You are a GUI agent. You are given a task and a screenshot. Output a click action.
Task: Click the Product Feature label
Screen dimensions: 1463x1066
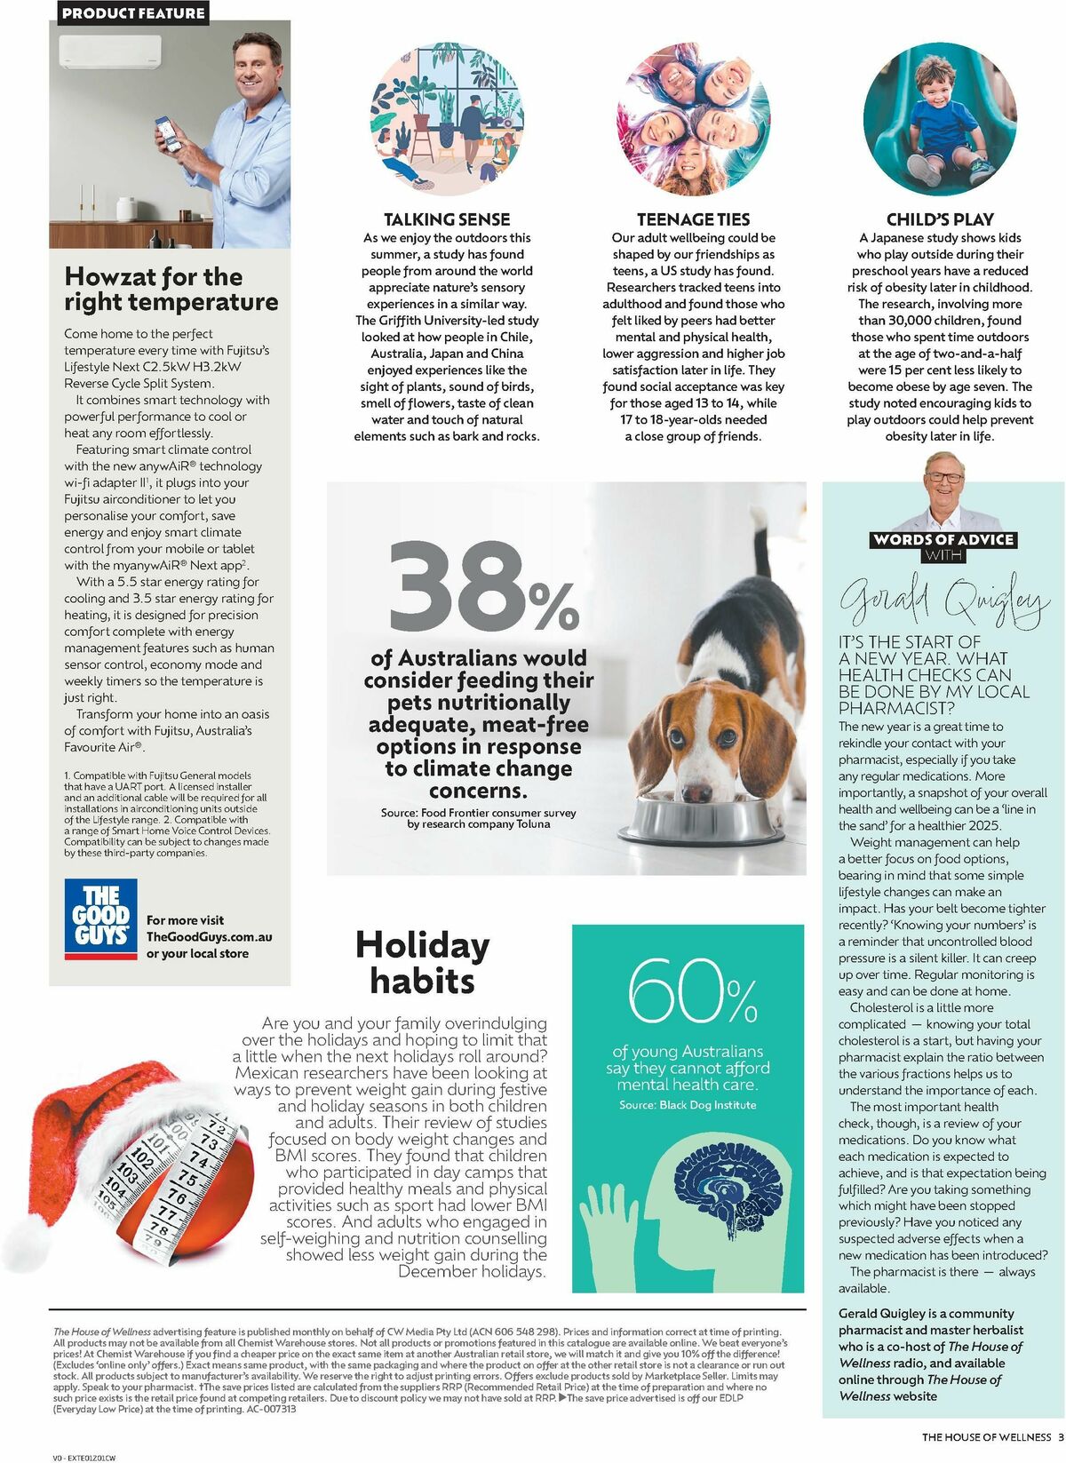[x=133, y=12]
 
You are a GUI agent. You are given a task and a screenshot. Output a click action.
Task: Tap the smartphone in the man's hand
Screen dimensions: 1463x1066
[x=167, y=133]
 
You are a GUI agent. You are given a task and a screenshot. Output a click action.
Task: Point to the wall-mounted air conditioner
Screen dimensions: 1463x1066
[x=109, y=52]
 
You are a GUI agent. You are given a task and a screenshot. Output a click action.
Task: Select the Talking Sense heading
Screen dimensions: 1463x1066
[x=447, y=219]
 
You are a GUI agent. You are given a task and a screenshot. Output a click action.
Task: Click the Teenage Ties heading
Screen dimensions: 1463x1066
[x=693, y=219]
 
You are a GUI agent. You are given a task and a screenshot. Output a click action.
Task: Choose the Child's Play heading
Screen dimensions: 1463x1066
[x=940, y=219]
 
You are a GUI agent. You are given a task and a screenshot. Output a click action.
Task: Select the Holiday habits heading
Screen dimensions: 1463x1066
[x=422, y=963]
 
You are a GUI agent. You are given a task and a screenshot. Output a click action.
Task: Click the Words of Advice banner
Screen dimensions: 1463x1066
[x=943, y=539]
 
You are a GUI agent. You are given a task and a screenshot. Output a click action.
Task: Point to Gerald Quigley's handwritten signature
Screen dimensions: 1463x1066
[x=944, y=600]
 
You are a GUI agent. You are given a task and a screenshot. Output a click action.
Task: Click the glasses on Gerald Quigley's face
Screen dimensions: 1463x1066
[x=943, y=477]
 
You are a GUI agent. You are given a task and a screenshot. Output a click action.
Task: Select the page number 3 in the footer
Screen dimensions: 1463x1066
[x=1061, y=1437]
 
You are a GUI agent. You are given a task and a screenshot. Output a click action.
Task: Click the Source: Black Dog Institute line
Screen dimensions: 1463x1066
[x=688, y=1105]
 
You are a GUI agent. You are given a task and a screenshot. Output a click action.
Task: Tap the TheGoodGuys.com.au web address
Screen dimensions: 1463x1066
[x=210, y=937]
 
